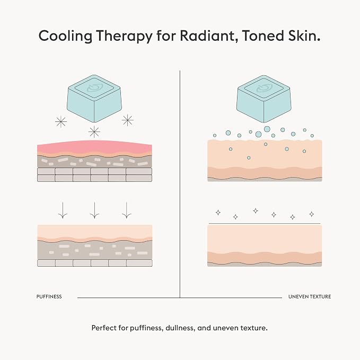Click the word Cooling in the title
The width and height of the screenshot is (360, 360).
[x=65, y=37]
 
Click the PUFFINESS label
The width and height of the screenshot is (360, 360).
[x=49, y=296]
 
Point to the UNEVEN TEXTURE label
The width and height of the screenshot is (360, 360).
[x=310, y=296]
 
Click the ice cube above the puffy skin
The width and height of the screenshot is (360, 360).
[x=94, y=99]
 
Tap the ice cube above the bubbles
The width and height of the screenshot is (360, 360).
[x=264, y=99]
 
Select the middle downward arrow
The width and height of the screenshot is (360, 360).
[x=94, y=210]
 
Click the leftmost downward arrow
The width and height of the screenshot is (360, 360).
[x=63, y=210]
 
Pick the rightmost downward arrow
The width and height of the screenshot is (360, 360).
[x=127, y=210]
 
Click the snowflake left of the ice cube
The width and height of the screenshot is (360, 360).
[x=61, y=122]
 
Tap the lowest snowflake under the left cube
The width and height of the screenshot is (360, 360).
[x=94, y=132]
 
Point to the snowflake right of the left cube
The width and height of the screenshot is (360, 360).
[x=128, y=120]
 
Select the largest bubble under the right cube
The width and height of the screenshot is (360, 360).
[x=267, y=129]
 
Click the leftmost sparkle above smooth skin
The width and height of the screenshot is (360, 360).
[x=218, y=213]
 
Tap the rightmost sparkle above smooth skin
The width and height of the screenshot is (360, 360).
[x=312, y=214]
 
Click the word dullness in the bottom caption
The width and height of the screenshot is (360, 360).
[x=180, y=328]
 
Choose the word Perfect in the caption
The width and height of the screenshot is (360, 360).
[x=104, y=328]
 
